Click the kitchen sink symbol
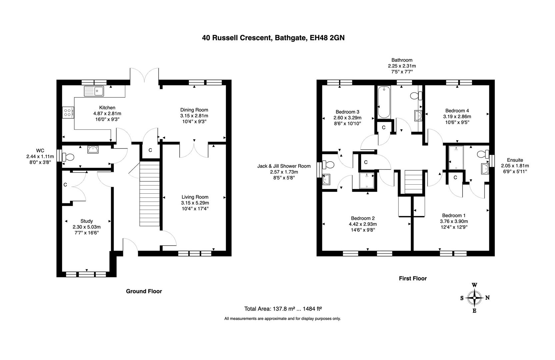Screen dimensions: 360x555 point(94,91)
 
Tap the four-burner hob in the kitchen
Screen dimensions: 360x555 point(68,112)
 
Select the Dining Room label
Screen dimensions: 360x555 point(194,110)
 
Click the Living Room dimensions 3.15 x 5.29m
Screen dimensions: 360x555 point(195,203)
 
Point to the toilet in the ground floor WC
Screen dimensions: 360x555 point(69,156)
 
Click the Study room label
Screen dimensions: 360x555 point(87,221)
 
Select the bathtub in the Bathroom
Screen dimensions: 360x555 point(384,102)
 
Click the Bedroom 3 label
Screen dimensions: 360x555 point(347,112)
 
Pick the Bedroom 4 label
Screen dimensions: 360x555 point(457,111)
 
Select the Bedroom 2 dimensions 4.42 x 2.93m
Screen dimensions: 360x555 point(363,224)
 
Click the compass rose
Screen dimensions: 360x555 point(474,298)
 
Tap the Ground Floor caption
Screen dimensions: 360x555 point(144,291)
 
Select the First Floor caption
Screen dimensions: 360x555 point(413,278)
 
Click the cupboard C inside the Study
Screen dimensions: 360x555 point(65,185)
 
